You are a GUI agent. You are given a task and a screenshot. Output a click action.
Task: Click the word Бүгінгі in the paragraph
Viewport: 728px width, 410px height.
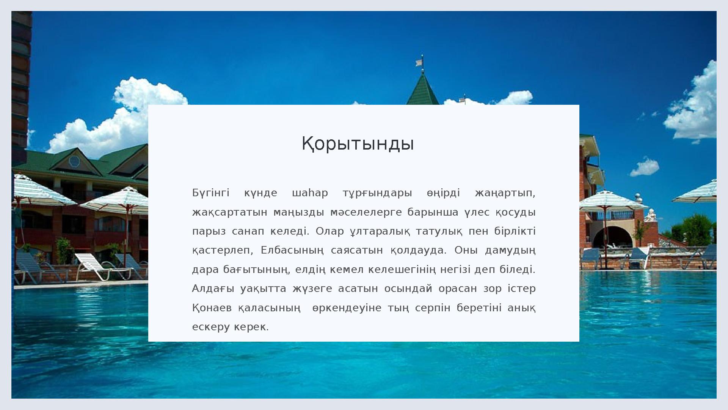coord(211,193)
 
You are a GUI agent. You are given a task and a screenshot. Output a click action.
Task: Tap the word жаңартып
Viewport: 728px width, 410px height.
coord(505,193)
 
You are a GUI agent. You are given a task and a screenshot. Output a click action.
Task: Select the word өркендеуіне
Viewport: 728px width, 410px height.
coord(347,308)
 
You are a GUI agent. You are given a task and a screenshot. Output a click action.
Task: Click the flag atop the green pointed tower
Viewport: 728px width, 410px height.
coord(419,62)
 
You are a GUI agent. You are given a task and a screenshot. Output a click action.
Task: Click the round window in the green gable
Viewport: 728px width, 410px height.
coord(74,161)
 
